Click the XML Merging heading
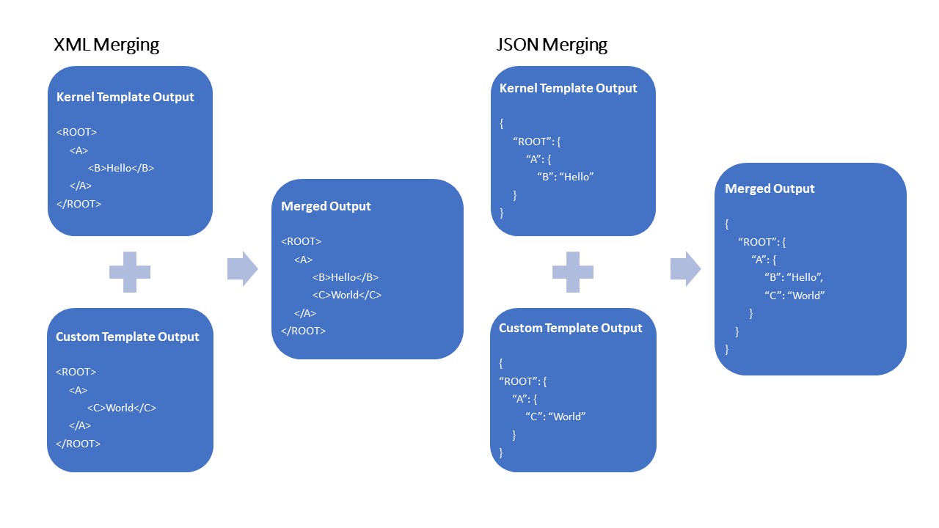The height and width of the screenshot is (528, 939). tap(106, 45)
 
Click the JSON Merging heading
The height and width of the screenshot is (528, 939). tap(552, 45)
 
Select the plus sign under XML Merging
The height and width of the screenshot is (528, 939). tap(130, 272)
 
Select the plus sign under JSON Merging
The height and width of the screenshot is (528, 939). tap(573, 272)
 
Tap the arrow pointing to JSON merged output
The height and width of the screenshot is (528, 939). tap(685, 269)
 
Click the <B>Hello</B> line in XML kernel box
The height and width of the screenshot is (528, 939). tap(121, 168)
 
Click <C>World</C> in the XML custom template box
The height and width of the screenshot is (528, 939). tap(122, 408)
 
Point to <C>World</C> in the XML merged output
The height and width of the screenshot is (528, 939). tap(347, 295)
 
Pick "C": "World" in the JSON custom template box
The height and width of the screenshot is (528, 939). tap(555, 417)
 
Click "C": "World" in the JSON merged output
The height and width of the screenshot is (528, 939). tap(794, 296)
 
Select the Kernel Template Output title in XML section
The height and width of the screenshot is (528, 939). tap(125, 97)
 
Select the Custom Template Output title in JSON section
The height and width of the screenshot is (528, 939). tap(570, 328)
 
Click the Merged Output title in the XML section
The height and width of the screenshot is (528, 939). tap(326, 206)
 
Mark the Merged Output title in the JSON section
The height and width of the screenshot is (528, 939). tap(770, 188)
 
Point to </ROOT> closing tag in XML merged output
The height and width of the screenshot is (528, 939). tap(303, 331)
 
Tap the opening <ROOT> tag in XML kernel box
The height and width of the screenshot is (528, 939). tap(76, 132)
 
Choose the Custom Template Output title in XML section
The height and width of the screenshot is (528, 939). tap(128, 337)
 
